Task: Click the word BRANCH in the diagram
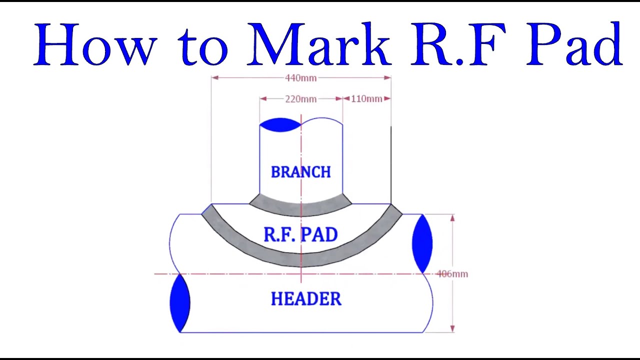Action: [x=300, y=172]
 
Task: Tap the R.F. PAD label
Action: [x=300, y=234]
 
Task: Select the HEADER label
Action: [x=305, y=299]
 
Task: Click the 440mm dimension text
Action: [x=300, y=78]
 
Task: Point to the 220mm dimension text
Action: [x=300, y=99]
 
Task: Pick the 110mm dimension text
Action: [x=366, y=99]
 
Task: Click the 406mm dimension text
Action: [x=452, y=274]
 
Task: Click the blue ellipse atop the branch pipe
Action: [x=280, y=125]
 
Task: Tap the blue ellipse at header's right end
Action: [x=422, y=243]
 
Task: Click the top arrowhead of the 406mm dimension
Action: [x=452, y=218]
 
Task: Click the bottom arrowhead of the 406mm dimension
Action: [x=452, y=328]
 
